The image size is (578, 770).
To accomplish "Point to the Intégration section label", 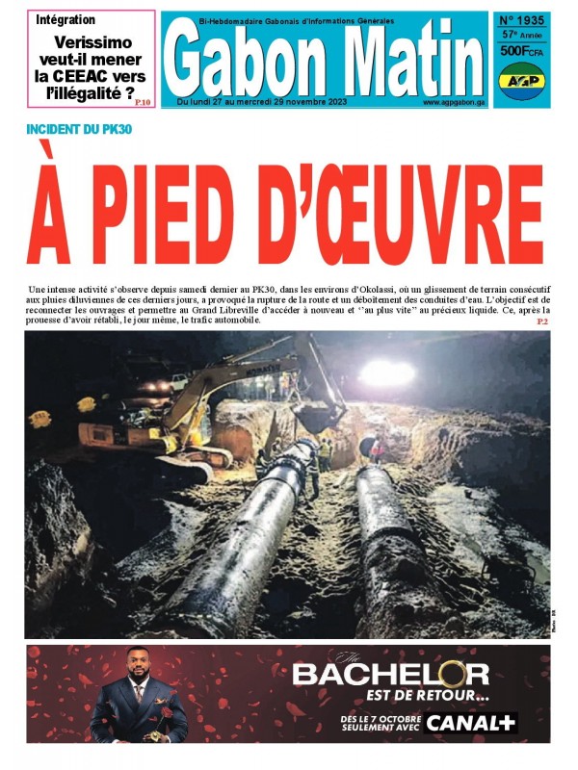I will pos(66,19).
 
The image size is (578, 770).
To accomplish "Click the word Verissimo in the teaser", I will pos(93,42).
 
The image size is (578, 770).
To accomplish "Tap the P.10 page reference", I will pos(143,101).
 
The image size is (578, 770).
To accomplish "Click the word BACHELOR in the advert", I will pos(390,673).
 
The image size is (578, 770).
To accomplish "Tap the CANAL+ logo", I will pos(471,722).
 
